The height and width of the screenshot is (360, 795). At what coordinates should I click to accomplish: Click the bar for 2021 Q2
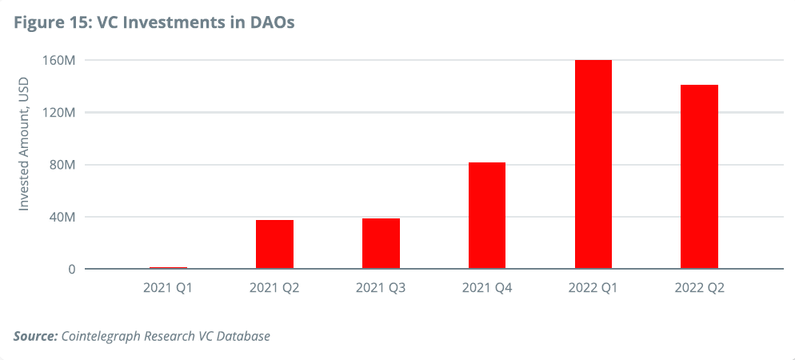(x=274, y=244)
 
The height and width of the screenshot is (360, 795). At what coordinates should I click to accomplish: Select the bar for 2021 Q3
(x=381, y=243)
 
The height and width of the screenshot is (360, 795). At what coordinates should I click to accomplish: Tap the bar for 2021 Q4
(x=487, y=215)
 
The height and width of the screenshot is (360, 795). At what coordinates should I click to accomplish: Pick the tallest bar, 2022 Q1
(x=593, y=164)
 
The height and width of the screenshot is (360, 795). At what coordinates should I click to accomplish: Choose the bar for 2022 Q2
(x=699, y=177)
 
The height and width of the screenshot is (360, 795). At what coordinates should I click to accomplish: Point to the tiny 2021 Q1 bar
(x=168, y=268)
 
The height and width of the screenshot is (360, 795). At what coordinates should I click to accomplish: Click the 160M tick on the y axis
(x=58, y=61)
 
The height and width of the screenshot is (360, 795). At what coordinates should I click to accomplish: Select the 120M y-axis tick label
(x=58, y=113)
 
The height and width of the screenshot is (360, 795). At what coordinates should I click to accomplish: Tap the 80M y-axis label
(x=61, y=165)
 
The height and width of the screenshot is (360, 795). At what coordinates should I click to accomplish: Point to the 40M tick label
(x=61, y=217)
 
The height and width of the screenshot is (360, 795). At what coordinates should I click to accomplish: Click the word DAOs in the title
(x=273, y=22)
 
